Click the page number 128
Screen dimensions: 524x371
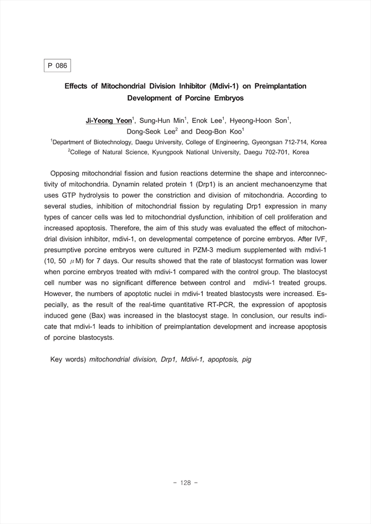click(185, 483)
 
